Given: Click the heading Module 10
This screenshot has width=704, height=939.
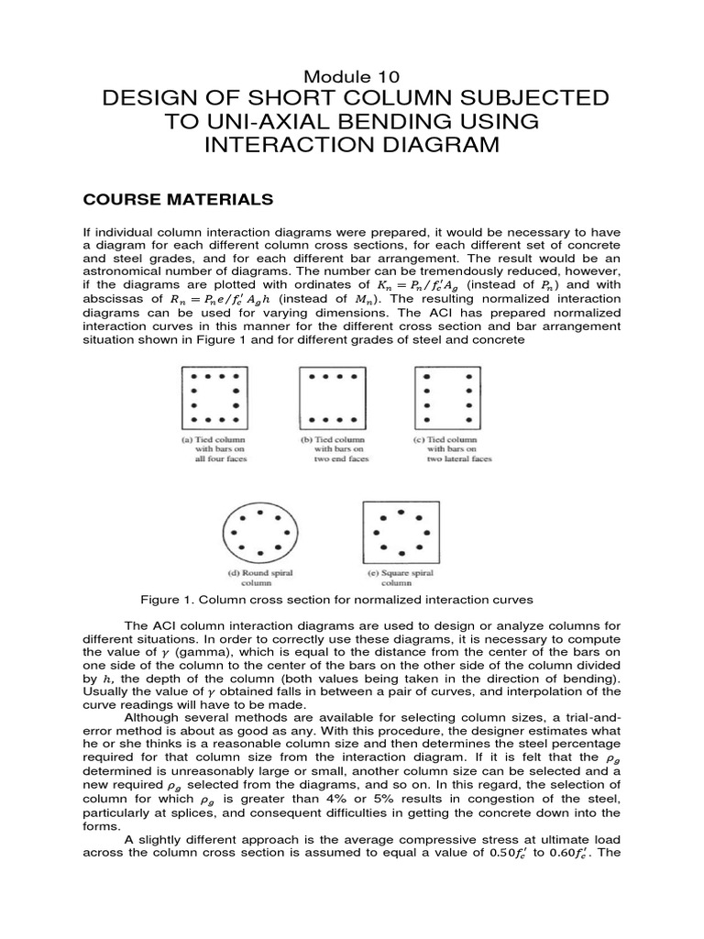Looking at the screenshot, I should pyautogui.click(x=351, y=73).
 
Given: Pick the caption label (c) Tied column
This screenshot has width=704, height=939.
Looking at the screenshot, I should pyautogui.click(x=445, y=440).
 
